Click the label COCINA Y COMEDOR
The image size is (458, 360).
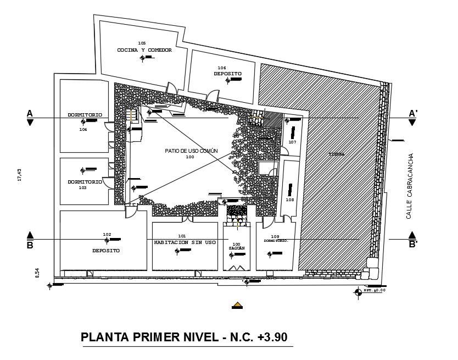click(144, 50)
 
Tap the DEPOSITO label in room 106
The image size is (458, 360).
click(227, 74)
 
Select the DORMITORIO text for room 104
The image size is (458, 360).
click(85, 115)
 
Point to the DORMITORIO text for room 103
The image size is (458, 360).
click(85, 181)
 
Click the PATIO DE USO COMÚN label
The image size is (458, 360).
click(191, 151)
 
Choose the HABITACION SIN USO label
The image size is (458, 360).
click(185, 242)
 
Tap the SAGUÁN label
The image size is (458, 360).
click(236, 248)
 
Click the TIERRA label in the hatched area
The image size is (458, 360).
click(337, 154)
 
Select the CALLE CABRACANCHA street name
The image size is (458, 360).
click(409, 186)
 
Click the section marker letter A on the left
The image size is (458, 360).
click(30, 113)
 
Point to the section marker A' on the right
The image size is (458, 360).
click(413, 113)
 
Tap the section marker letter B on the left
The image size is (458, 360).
click(30, 246)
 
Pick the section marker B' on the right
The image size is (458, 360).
click(413, 246)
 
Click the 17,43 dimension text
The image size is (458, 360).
click(20, 175)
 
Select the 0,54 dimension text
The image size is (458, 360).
click(37, 272)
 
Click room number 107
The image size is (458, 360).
click(292, 142)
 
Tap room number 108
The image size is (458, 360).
click(289, 200)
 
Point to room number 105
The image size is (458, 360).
click(142, 43)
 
